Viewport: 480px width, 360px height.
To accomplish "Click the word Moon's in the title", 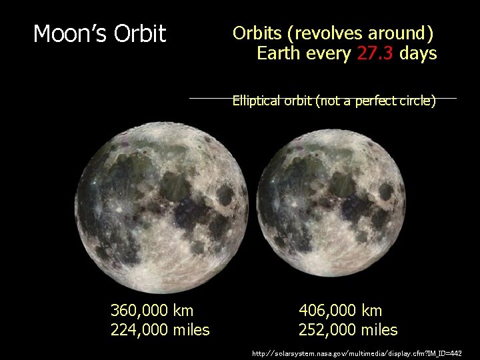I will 71,34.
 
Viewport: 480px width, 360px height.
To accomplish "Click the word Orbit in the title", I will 140,34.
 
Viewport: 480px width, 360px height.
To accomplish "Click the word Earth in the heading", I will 279,53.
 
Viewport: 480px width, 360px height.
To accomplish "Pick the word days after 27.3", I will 418,53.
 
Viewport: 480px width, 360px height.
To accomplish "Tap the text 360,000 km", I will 152,310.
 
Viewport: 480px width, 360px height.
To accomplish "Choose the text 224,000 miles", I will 160,329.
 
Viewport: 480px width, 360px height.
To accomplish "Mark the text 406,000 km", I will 341,310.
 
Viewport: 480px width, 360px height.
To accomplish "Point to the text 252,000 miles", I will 348,329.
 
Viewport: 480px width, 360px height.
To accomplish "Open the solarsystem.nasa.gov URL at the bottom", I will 356,353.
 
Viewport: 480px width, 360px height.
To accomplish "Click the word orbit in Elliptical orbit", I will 297,101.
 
